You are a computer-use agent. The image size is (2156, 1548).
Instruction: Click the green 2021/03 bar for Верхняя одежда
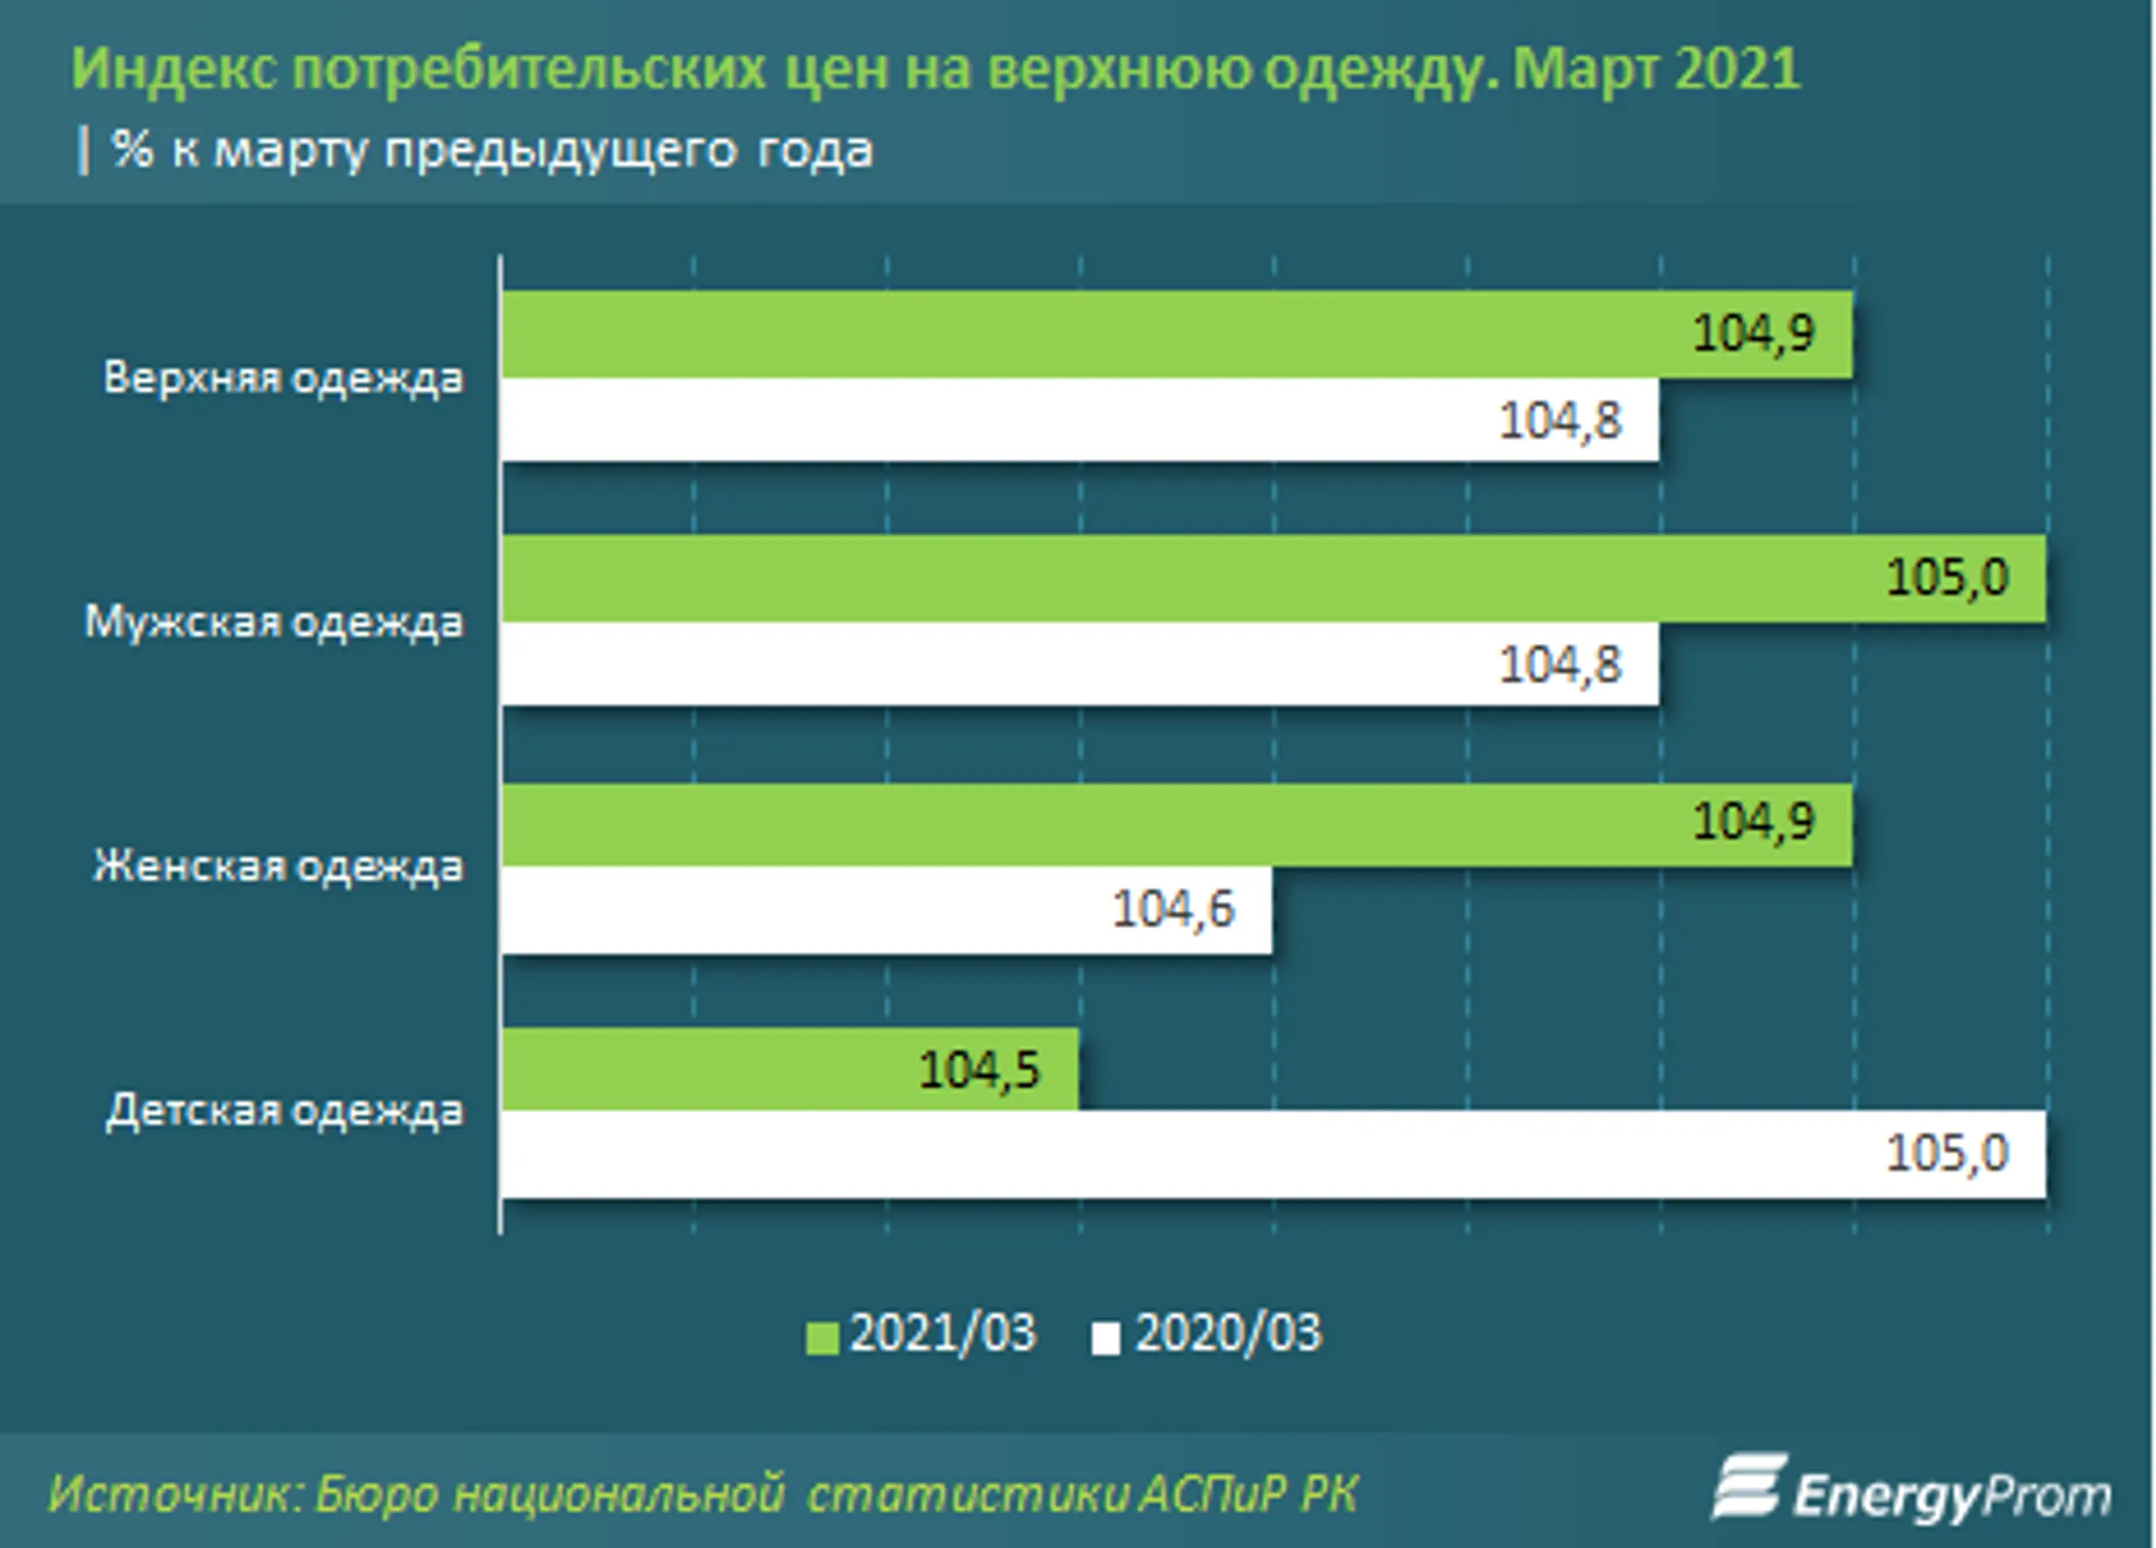[1098, 334]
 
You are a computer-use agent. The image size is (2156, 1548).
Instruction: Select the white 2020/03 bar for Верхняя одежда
[998, 419]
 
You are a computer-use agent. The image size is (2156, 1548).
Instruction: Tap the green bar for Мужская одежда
[1198, 579]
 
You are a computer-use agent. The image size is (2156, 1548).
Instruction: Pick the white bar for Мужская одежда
[998, 664]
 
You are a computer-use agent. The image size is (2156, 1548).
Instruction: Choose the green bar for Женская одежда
[1098, 823]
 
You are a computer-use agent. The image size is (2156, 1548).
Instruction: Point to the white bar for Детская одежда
[1198, 1154]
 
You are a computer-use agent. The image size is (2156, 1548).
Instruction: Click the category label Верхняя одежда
[283, 378]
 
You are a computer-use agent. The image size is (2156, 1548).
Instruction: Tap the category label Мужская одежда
[273, 623]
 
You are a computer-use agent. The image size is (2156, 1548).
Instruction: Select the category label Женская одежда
[277, 866]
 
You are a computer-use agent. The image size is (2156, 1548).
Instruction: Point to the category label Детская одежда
[284, 1111]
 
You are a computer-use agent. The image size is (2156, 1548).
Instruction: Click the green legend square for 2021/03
[821, 1337]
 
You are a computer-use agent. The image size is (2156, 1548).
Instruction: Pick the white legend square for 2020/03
[1105, 1337]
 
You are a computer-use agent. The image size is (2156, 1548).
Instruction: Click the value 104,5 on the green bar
[979, 1070]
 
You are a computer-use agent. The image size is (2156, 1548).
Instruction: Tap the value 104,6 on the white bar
[1173, 909]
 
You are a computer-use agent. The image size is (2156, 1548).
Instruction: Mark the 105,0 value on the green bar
[1946, 578]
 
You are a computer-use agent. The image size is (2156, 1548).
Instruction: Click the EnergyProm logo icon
[1748, 1487]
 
